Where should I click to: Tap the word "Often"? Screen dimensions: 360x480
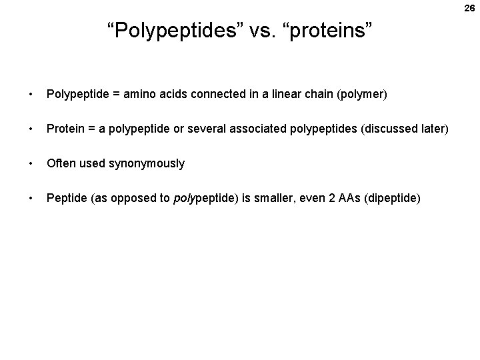[x=59, y=163]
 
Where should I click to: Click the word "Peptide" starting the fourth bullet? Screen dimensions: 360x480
[x=65, y=198]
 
